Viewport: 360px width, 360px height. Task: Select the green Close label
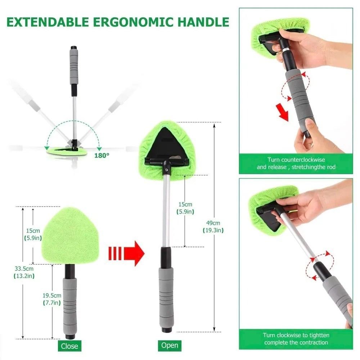(69, 346)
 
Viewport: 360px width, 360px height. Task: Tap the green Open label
(170, 345)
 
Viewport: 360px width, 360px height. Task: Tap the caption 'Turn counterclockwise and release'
(296, 163)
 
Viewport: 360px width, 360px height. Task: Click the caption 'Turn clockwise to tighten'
(296, 339)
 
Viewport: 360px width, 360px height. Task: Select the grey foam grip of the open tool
(167, 295)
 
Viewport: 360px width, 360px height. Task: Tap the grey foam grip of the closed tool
(70, 306)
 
